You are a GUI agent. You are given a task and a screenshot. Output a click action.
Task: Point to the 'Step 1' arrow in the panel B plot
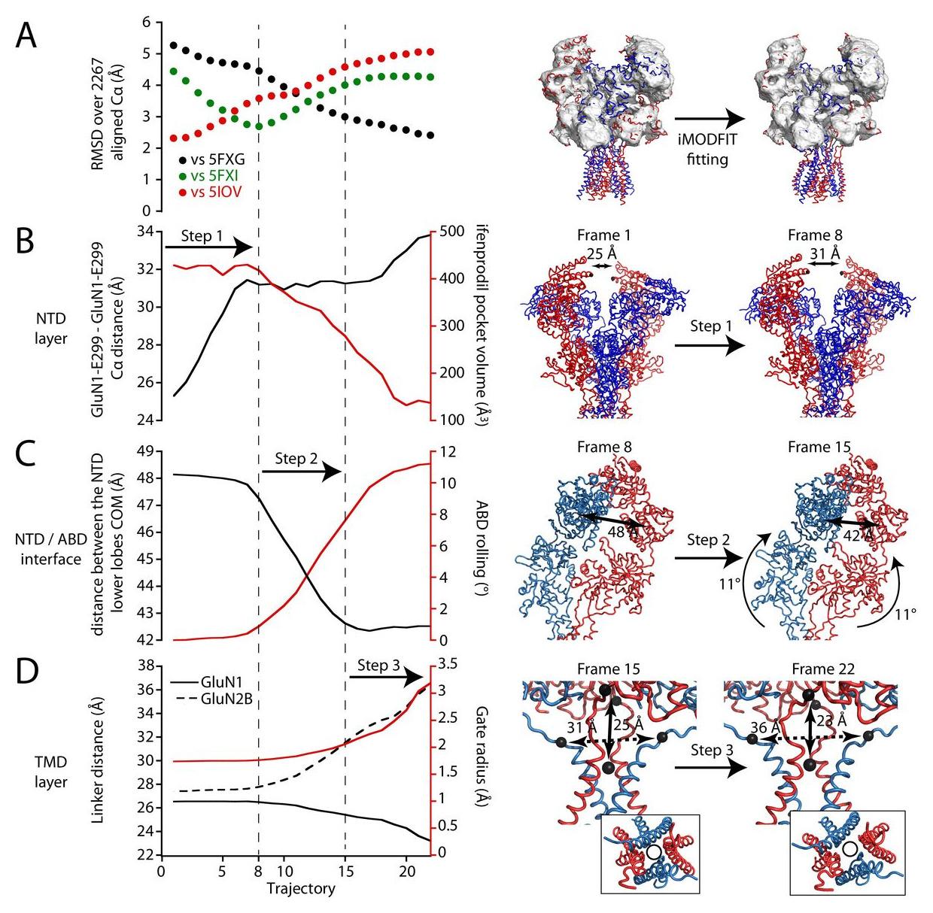(x=209, y=246)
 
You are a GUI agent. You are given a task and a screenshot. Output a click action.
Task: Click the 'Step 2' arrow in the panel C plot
(x=301, y=471)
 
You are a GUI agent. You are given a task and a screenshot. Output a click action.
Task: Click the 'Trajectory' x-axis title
(x=300, y=888)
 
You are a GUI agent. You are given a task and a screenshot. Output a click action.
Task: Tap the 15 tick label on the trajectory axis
(x=345, y=871)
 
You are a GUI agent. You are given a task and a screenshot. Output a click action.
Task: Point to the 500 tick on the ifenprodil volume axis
(x=451, y=231)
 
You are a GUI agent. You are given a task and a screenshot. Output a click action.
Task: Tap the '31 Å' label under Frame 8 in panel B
(x=825, y=255)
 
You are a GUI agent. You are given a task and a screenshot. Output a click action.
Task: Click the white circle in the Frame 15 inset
(x=654, y=851)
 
